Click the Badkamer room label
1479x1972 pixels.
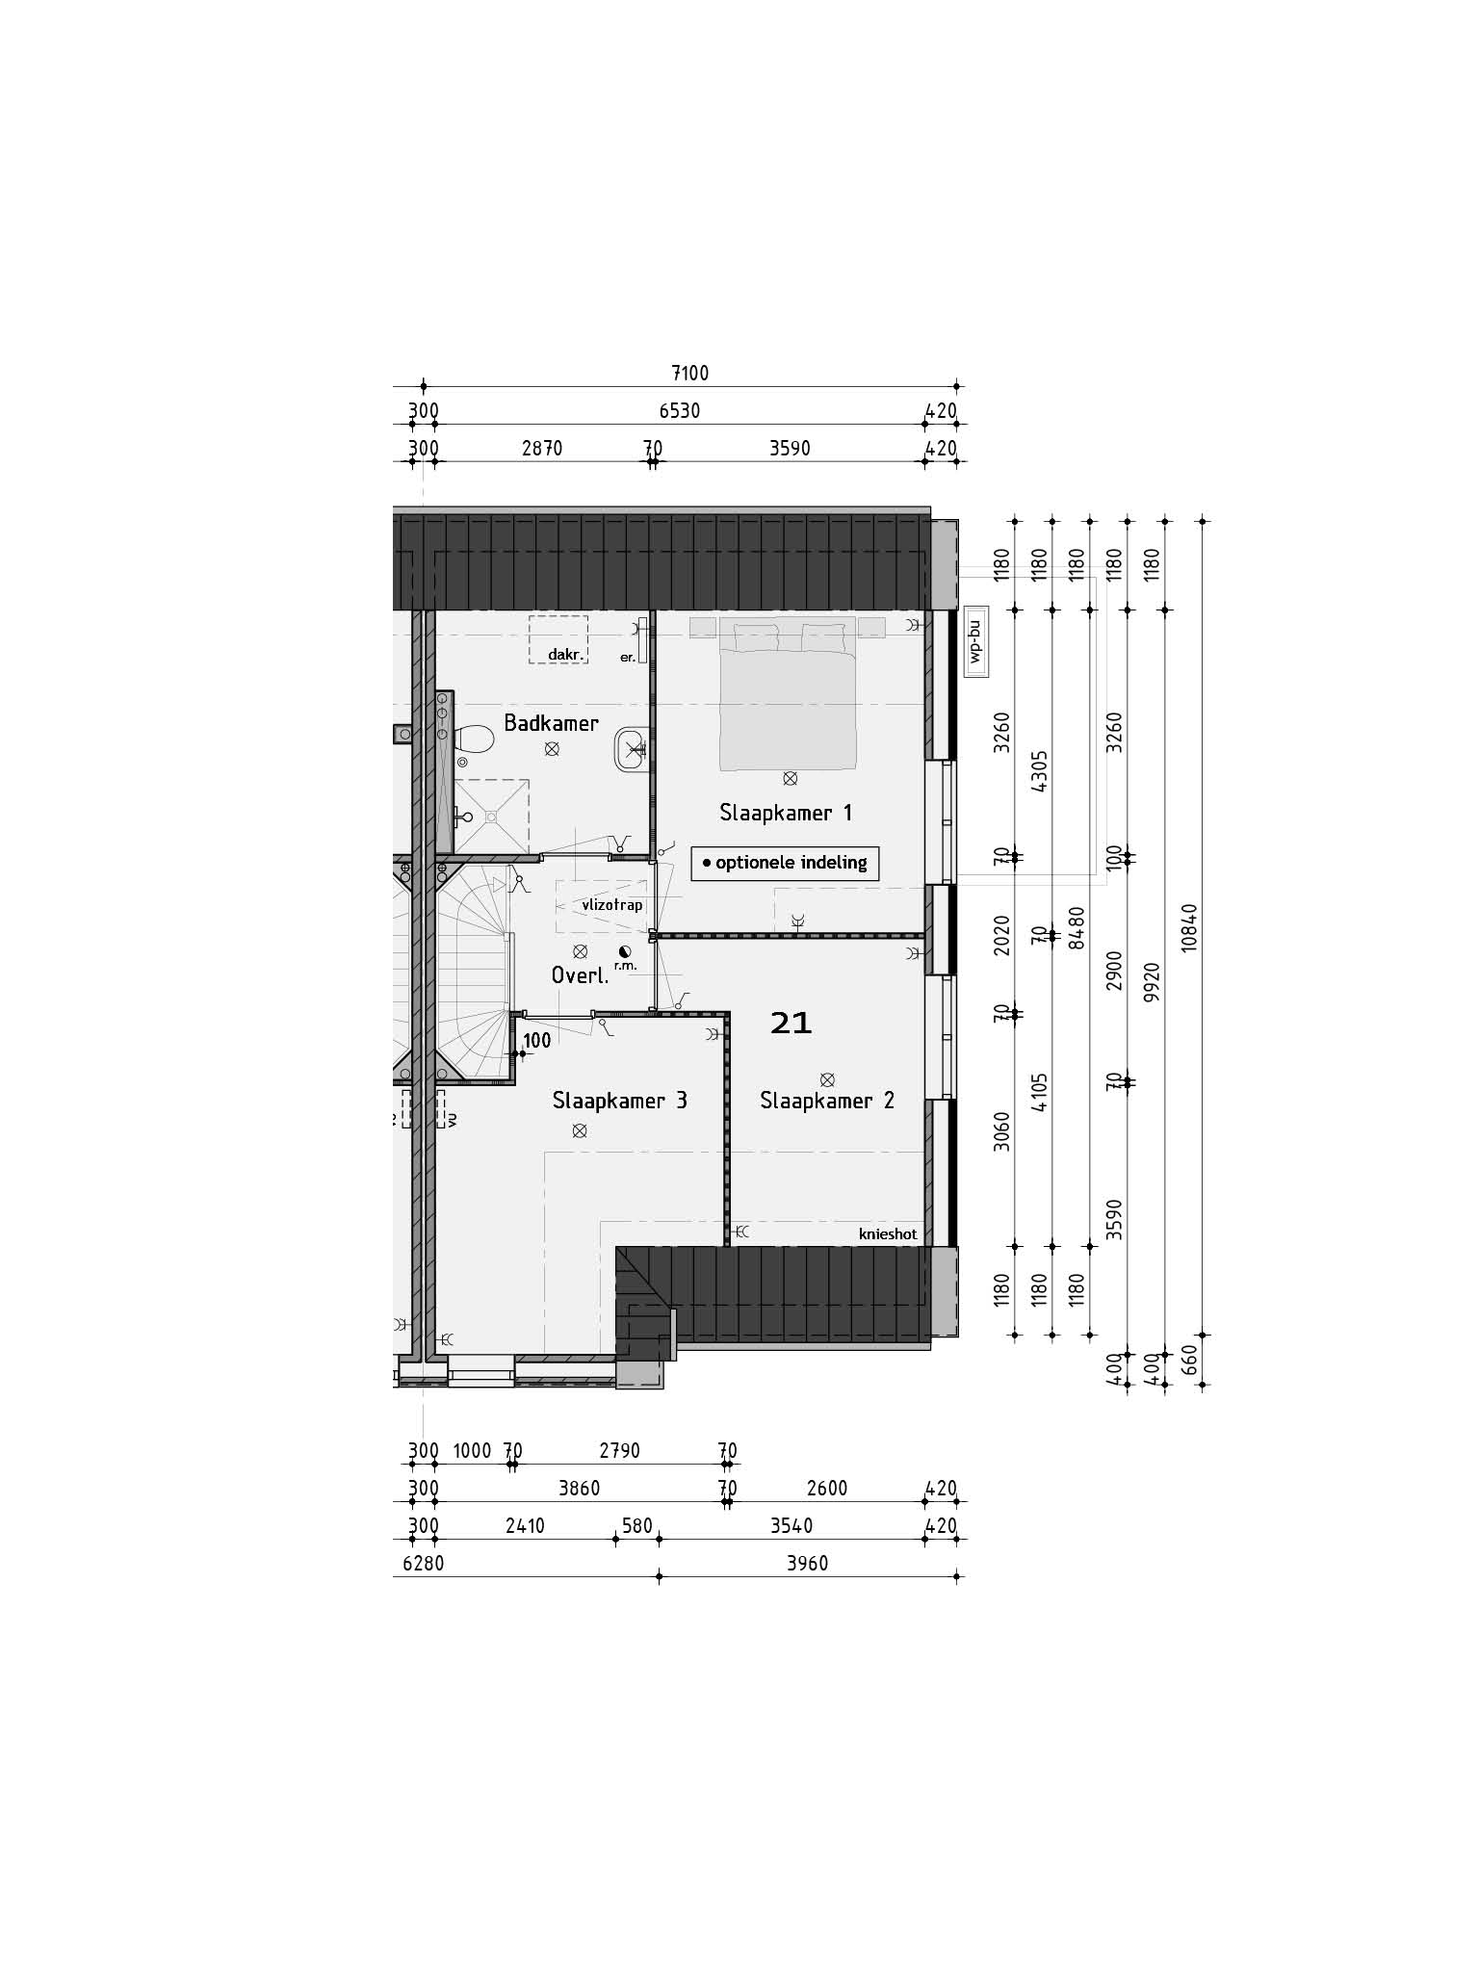551,722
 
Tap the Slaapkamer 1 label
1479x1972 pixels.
786,813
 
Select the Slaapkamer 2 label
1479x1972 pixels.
827,1101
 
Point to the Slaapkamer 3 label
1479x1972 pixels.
619,1101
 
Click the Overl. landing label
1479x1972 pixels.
580,975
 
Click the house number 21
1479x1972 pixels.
791,1023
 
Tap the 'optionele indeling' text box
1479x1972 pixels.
785,863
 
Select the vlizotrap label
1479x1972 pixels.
612,905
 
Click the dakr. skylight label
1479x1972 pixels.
567,655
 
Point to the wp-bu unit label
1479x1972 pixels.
974,643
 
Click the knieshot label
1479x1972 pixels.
888,1234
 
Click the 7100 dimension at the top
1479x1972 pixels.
689,374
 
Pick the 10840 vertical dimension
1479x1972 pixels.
1190,928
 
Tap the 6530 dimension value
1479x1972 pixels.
680,411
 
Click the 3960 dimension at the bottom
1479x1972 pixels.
807,1564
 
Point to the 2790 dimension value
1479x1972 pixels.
619,1450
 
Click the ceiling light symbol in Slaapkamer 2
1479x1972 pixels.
826,1079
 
